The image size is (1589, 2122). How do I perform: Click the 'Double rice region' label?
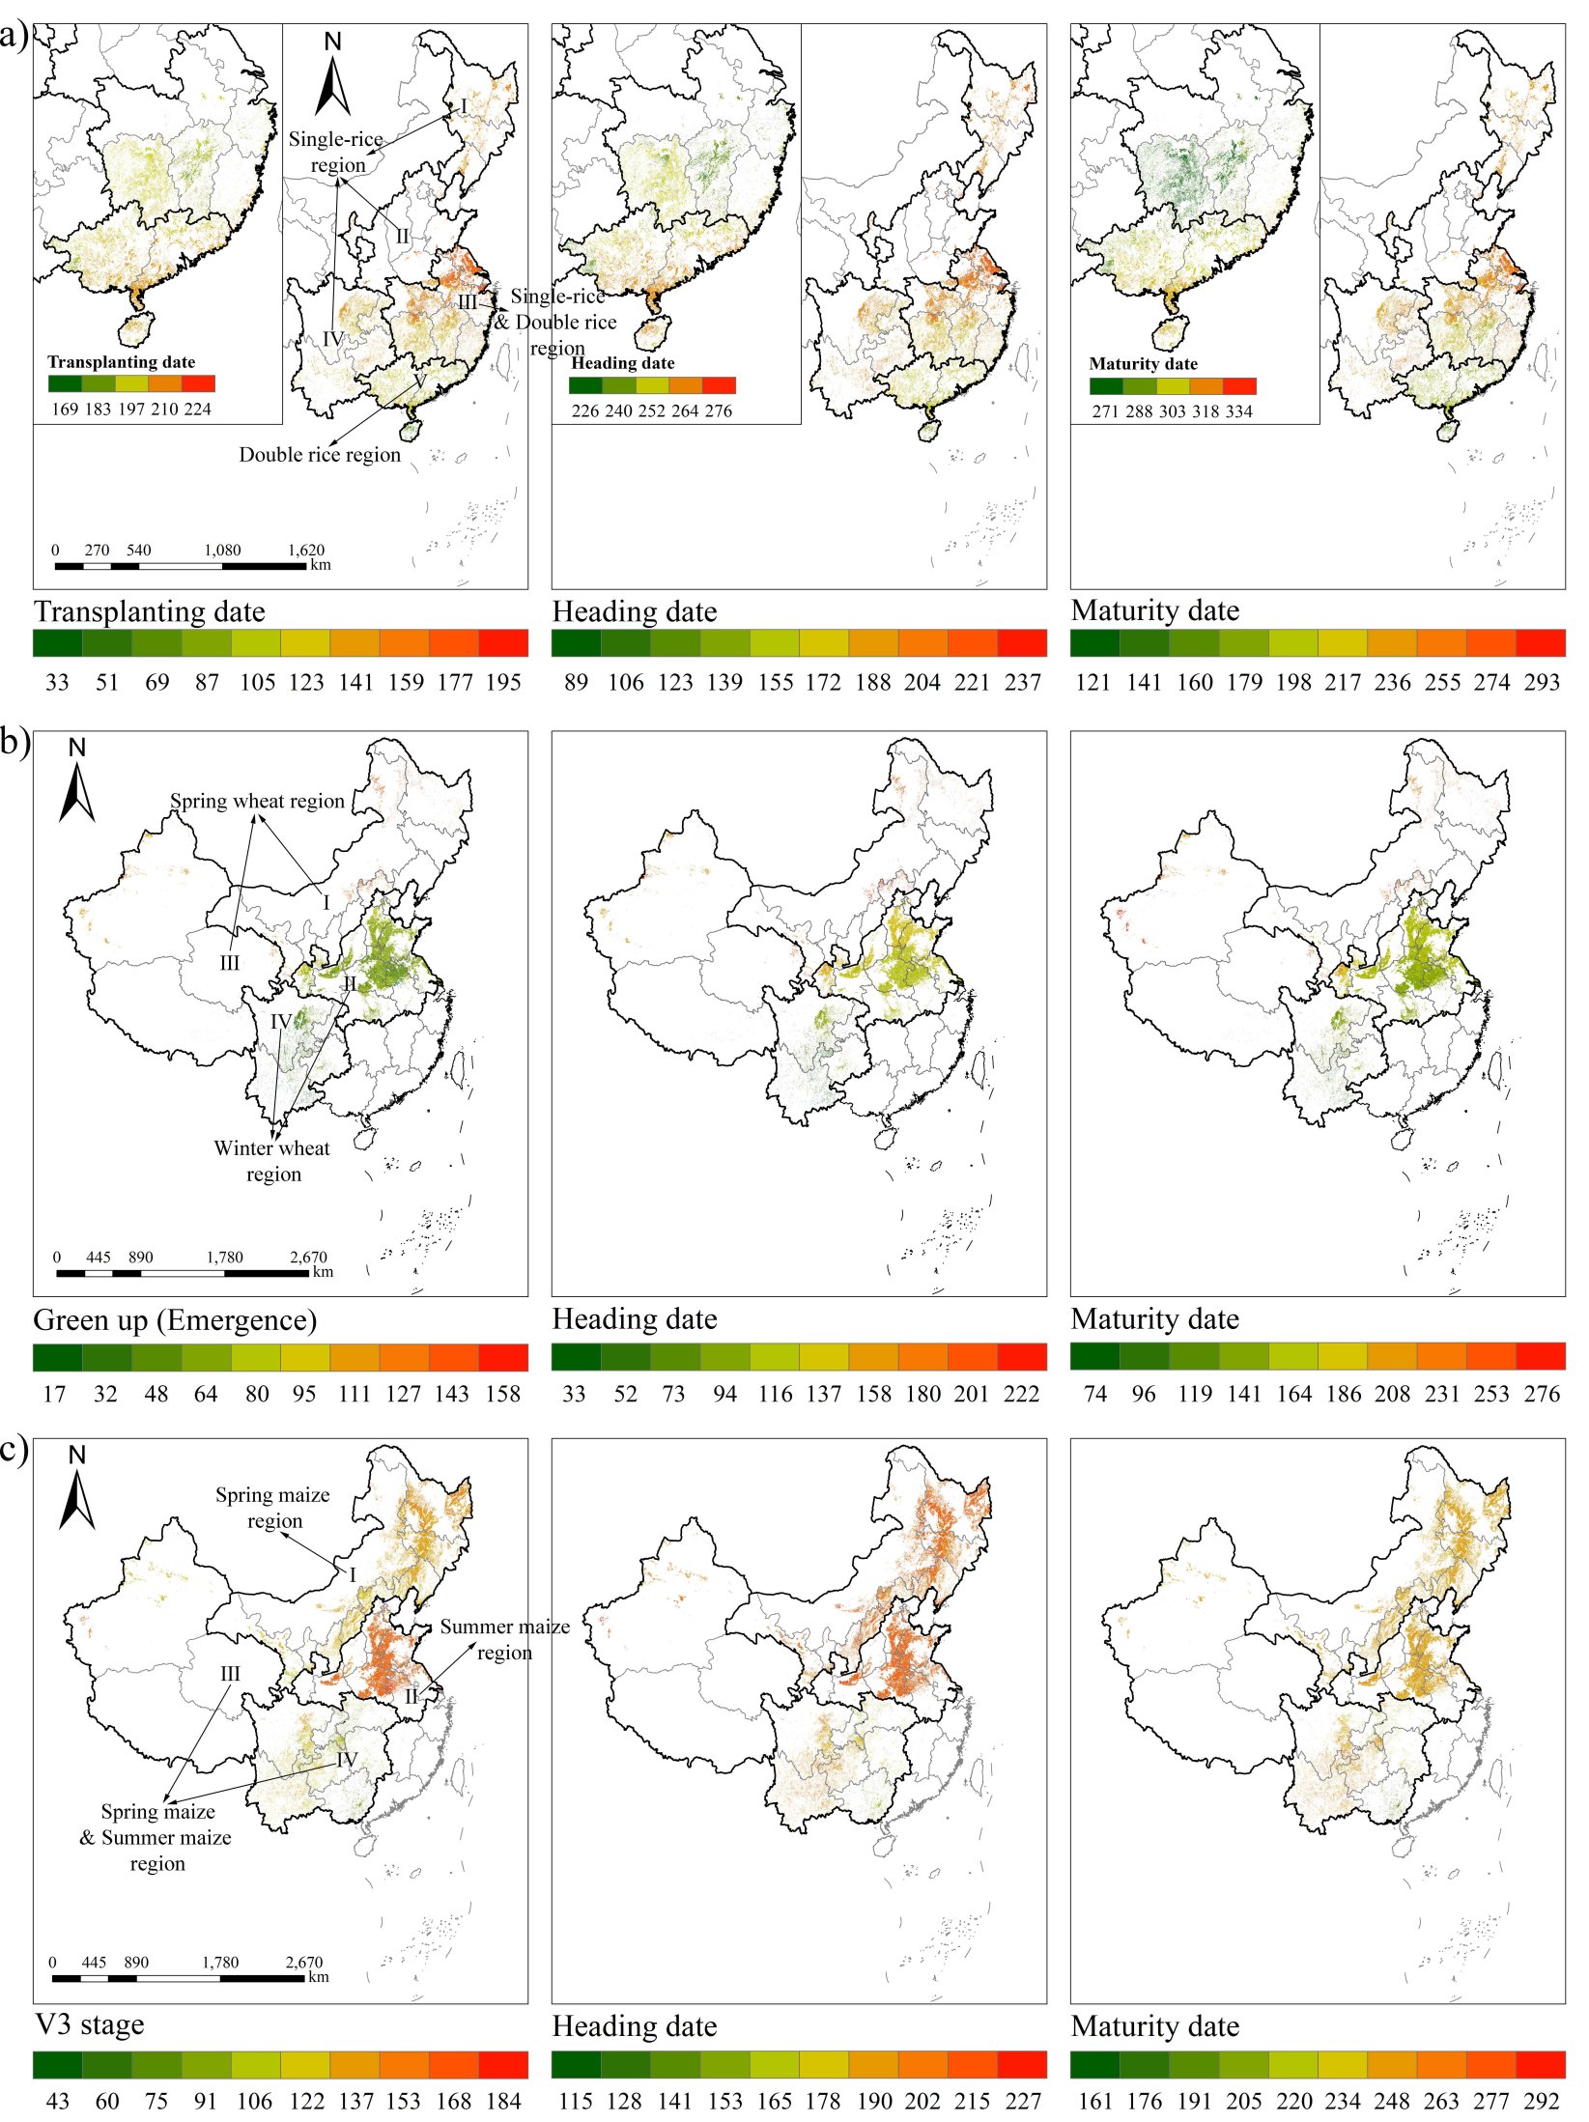coord(320,455)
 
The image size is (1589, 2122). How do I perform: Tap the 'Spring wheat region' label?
coord(257,802)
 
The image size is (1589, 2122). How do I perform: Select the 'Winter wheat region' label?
coord(272,1161)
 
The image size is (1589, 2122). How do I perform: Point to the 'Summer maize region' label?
coord(504,1639)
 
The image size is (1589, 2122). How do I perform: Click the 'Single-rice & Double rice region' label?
coord(557,323)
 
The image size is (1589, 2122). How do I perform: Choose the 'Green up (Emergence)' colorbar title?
coord(175,1320)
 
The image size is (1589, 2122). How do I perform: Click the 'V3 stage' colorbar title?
coord(89,2024)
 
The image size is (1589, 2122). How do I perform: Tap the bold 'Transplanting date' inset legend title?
coord(122,362)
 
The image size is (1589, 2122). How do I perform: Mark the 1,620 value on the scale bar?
coord(305,551)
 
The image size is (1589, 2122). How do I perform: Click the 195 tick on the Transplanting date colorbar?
coord(503,683)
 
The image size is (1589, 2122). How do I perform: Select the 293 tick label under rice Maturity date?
coord(1542,683)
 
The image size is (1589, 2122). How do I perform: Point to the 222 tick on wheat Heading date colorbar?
coord(1022,1395)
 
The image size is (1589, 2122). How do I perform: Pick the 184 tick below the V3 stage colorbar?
coord(503,2102)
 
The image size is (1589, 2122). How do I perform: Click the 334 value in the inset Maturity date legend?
coord(1238,411)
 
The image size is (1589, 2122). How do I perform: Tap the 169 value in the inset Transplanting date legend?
coord(65,410)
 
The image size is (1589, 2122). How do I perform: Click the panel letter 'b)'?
coord(15,745)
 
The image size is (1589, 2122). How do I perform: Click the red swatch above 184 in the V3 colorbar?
coord(503,2065)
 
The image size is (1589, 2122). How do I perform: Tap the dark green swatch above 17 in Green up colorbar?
coord(58,1357)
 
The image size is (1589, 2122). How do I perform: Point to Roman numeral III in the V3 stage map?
coord(230,1674)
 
